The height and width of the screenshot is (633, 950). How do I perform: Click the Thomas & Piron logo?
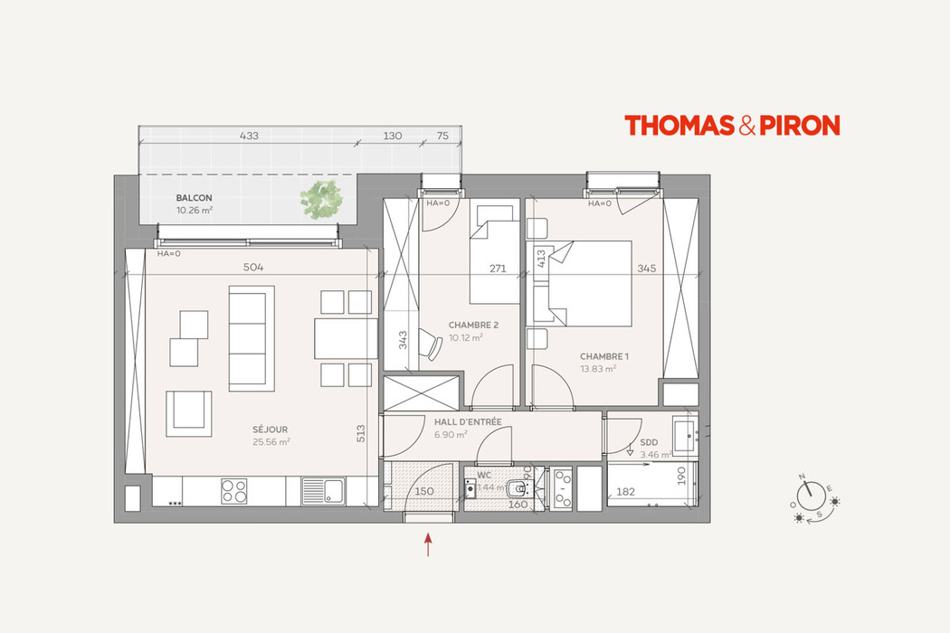tap(732, 126)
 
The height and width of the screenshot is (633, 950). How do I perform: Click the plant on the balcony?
tap(324, 199)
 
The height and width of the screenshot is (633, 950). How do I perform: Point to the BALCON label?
tap(194, 197)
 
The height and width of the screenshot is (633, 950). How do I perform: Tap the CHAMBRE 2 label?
tap(473, 325)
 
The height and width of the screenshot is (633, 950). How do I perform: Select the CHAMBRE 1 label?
tap(604, 356)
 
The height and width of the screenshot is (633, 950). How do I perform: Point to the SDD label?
tap(648, 442)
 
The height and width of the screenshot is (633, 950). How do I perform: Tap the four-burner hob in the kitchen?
tap(234, 490)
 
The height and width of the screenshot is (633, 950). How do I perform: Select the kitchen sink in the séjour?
tap(322, 491)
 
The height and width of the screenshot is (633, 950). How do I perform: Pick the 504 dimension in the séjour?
tap(255, 268)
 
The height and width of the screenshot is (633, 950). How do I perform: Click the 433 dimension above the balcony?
tap(249, 136)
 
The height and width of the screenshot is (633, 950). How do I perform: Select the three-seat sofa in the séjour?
tap(252, 337)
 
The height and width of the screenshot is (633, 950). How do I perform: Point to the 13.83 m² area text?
tap(598, 368)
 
